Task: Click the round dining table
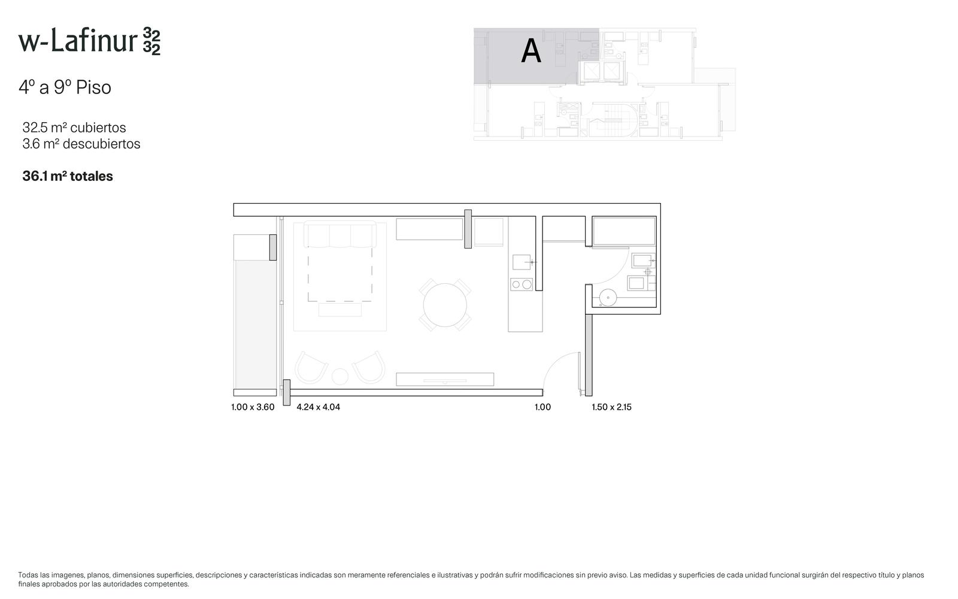[445, 305]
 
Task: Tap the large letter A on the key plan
[530, 52]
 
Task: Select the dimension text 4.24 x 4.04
[318, 407]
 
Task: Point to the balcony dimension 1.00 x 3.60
[253, 407]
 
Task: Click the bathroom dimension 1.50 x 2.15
[611, 407]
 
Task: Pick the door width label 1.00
[542, 407]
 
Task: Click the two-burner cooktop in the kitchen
[522, 284]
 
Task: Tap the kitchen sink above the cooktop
[522, 262]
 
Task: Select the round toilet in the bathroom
[607, 298]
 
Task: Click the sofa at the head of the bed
[340, 234]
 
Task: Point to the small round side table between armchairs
[340, 377]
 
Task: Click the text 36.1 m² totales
[68, 176]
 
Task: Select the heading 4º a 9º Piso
[65, 87]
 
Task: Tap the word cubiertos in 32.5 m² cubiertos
[98, 128]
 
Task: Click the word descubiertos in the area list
[101, 144]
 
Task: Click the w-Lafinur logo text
[78, 41]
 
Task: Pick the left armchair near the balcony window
[311, 368]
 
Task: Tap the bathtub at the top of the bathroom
[624, 231]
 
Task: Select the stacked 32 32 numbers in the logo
[151, 41]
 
